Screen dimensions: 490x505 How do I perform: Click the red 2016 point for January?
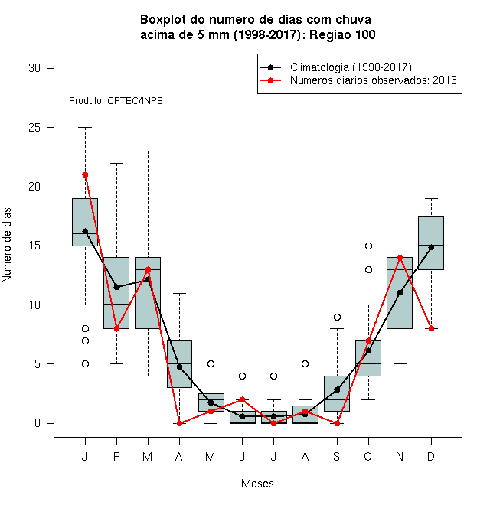click(85, 175)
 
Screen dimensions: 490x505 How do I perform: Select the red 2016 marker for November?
click(400, 257)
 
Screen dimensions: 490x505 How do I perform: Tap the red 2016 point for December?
click(431, 328)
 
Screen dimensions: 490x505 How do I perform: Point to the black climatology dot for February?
click(116, 287)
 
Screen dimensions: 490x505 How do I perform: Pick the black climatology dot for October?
click(368, 350)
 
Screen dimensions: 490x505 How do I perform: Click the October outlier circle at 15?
click(368, 246)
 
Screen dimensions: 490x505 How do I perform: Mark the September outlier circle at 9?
click(337, 318)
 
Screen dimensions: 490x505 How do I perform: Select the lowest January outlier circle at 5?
click(85, 364)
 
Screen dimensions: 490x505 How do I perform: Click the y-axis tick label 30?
click(34, 68)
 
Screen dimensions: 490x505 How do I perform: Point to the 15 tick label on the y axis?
click(34, 246)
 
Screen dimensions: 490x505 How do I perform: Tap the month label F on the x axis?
click(116, 456)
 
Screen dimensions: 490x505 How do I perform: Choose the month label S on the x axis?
click(337, 456)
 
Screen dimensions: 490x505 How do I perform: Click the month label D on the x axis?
click(431, 456)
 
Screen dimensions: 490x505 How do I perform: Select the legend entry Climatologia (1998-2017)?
click(351, 67)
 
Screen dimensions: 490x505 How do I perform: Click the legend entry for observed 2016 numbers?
click(374, 80)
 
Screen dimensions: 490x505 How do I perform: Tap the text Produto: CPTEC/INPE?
click(116, 101)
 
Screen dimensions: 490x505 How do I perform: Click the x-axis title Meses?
click(257, 484)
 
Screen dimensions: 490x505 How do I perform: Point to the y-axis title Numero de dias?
click(7, 246)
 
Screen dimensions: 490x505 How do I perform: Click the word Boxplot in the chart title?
click(163, 20)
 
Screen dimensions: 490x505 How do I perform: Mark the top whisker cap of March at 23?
click(148, 151)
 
